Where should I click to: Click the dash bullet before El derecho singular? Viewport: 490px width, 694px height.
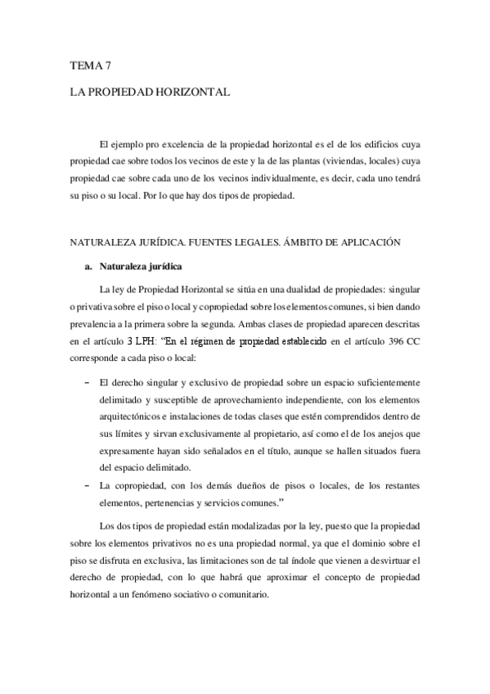(88, 382)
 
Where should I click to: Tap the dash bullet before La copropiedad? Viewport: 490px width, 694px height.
(88, 485)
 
